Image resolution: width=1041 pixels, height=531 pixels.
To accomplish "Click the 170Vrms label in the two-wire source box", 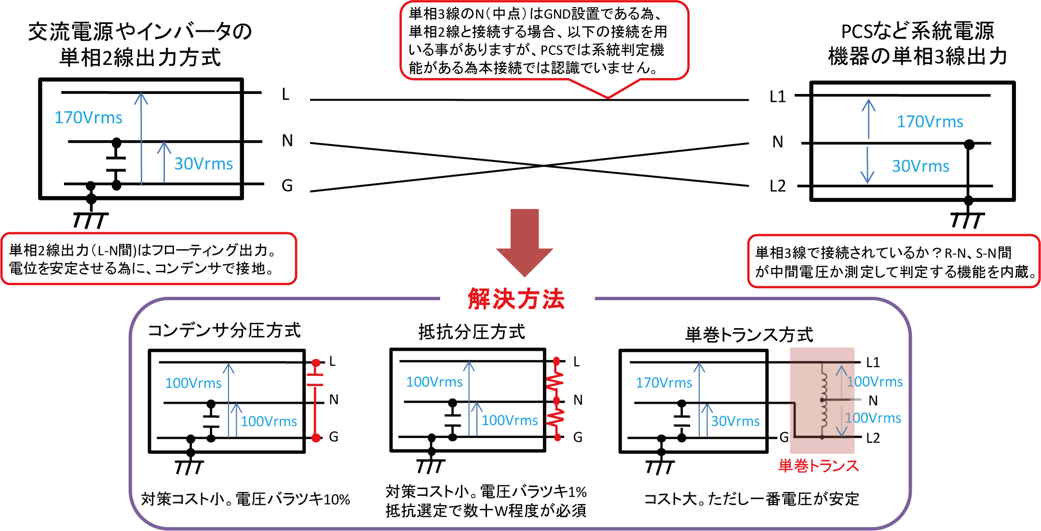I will pyautogui.click(x=88, y=118).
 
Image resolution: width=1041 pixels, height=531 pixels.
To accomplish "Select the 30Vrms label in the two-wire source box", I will pyautogui.click(x=203, y=164).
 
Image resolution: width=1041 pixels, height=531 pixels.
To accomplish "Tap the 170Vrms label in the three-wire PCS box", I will pyautogui.click(x=930, y=121).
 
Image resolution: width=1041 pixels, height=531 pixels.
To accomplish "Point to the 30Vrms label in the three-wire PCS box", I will pyautogui.click(x=920, y=166).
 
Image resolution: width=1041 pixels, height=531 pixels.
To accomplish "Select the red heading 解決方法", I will pyautogui.click(x=516, y=299).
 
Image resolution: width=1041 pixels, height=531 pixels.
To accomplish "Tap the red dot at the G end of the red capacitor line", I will pyautogui.click(x=316, y=438).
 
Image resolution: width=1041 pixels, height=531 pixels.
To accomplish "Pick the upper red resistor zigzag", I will pyautogui.click(x=555, y=381).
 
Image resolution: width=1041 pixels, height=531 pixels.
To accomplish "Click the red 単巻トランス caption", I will pyautogui.click(x=818, y=466).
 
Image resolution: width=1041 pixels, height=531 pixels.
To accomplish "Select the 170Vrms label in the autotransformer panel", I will pyautogui.click(x=663, y=383).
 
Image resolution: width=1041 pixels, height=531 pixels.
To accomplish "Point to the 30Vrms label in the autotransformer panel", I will pyautogui.click(x=735, y=421).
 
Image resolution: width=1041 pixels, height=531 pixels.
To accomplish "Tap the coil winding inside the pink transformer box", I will pyautogui.click(x=823, y=400).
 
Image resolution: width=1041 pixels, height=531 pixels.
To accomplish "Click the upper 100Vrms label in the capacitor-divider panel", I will pyautogui.click(x=193, y=383).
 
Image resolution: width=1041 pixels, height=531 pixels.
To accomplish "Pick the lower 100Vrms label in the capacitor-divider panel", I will pyautogui.click(x=269, y=422).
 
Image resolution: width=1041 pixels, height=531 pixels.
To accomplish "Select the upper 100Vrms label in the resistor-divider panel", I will pyautogui.click(x=434, y=382).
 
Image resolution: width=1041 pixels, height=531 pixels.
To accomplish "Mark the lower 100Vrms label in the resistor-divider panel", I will pyautogui.click(x=510, y=421).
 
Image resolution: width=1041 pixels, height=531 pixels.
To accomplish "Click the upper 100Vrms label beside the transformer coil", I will pyautogui.click(x=875, y=382).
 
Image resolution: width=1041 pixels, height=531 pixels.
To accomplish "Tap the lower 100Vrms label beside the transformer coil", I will pyautogui.click(x=874, y=418).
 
